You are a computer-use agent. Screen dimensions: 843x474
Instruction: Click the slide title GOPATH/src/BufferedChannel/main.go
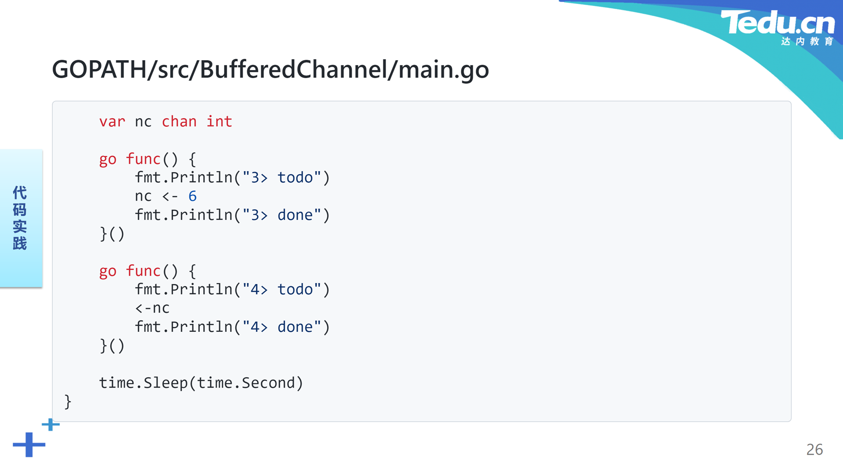coord(270,69)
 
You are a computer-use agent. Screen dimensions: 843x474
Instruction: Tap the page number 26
coord(814,449)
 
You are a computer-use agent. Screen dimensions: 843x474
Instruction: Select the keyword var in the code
coord(112,122)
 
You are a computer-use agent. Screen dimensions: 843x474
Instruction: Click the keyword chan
coord(179,121)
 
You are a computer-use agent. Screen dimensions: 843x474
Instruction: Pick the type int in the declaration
coord(219,121)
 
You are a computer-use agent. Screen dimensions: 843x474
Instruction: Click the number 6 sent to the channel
coord(192,196)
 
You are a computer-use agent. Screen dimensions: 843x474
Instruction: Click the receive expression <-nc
coord(152,308)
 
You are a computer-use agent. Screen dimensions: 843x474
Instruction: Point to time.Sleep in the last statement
coord(143,383)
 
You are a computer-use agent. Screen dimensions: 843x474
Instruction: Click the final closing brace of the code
coord(68,402)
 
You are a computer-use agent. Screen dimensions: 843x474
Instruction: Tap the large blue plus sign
coord(29,445)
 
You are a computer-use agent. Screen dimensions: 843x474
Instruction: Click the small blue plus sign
coord(50,424)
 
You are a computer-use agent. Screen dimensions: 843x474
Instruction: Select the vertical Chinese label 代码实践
coord(20,218)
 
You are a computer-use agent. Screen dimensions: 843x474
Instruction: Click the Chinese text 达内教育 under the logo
coord(807,41)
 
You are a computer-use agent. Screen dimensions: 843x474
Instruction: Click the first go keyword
coord(108,159)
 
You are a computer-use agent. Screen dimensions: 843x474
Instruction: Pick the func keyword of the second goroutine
coord(143,270)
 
